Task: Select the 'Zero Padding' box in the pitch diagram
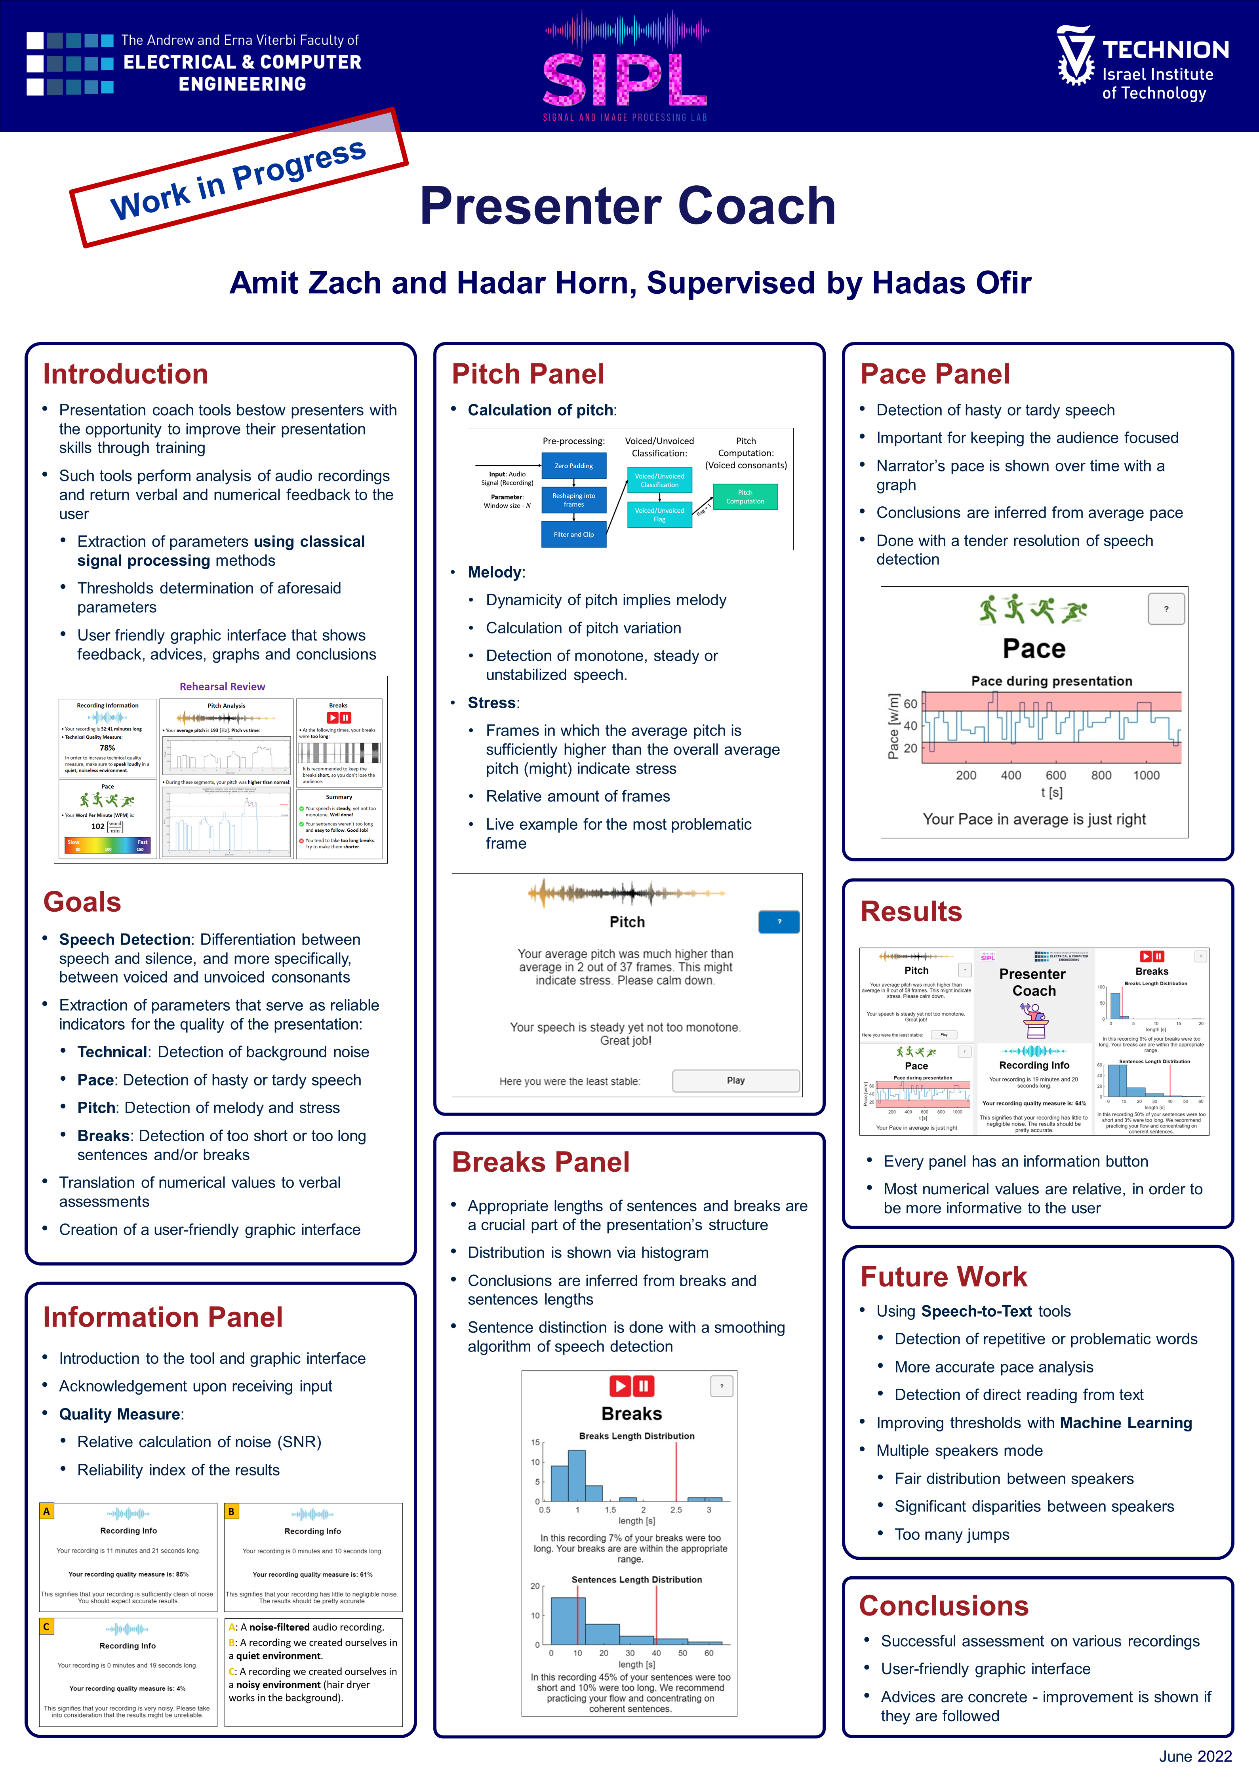tap(574, 466)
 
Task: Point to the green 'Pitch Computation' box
tap(745, 497)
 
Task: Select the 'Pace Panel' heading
tap(935, 374)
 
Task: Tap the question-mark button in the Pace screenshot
tap(1166, 609)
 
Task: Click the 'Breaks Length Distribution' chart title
tap(636, 1436)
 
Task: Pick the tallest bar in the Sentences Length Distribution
tap(568, 1621)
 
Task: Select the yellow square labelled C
tap(46, 1626)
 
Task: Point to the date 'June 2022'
tap(1195, 1756)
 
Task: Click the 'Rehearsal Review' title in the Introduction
tap(223, 686)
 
